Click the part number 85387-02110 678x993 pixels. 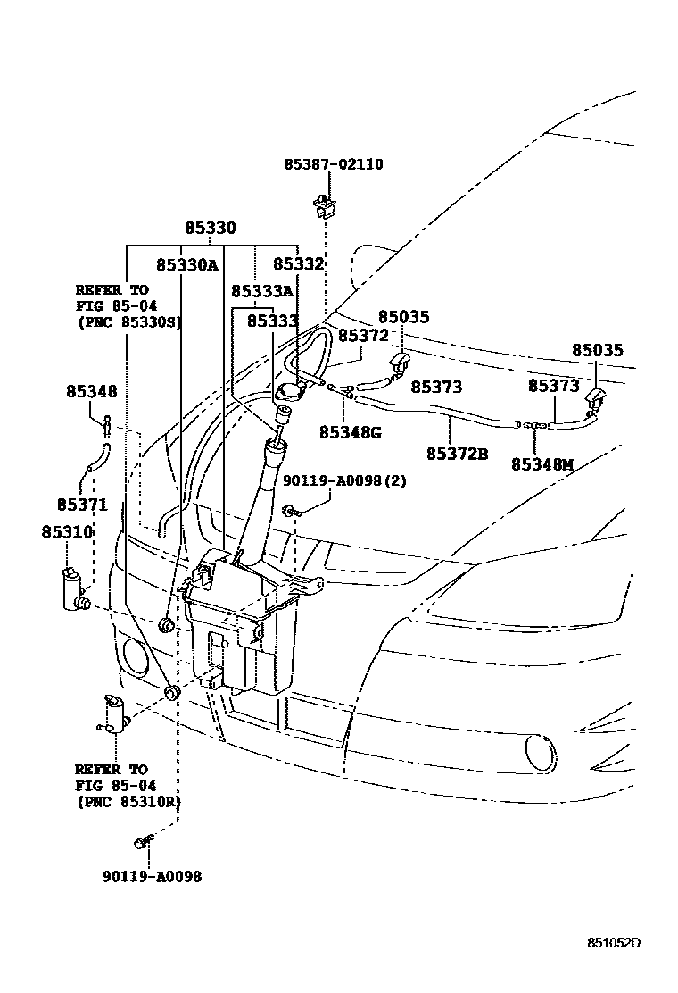point(334,165)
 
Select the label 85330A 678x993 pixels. point(186,265)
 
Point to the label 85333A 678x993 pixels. point(261,292)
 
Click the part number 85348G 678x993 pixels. point(350,432)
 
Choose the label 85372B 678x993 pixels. point(457,454)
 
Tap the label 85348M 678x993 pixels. point(542,464)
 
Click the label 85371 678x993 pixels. point(82,505)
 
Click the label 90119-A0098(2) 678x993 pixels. point(344,480)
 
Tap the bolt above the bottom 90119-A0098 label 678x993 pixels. point(142,841)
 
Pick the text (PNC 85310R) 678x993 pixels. point(128,802)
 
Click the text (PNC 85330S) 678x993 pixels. point(128,322)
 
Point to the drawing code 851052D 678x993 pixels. point(614,943)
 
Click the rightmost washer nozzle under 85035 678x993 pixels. point(594,398)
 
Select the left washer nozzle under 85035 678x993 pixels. point(399,363)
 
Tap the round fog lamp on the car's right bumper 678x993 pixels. point(538,750)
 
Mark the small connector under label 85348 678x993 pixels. point(107,426)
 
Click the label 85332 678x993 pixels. point(298,265)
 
